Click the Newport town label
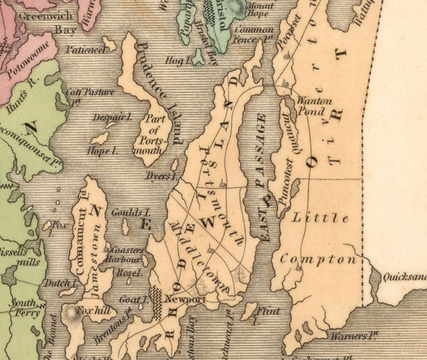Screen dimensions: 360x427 [x=185, y=300]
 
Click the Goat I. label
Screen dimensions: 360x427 [x=133, y=299]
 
